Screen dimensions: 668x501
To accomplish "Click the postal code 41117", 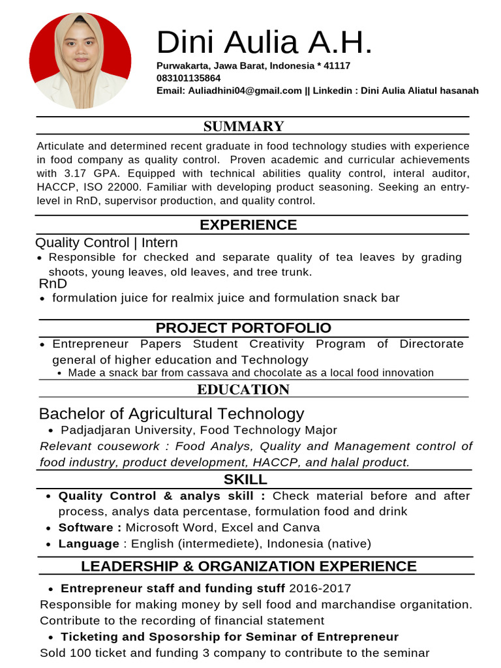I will point(337,66).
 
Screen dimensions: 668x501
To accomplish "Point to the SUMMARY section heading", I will point(243,127).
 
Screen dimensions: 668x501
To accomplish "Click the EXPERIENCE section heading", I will point(248,225).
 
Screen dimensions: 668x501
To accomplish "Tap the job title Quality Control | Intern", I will point(106,243).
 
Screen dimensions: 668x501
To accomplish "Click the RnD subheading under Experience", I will point(53,284).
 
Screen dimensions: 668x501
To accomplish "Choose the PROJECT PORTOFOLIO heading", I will point(243,328).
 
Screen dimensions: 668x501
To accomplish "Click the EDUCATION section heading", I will point(243,390).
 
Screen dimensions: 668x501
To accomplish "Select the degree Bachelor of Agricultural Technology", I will point(172,414).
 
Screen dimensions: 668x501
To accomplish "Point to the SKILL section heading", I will point(245,479).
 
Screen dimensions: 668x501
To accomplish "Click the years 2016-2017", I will point(320,588).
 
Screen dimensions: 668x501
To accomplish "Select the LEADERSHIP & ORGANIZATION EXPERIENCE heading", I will point(249,566).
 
